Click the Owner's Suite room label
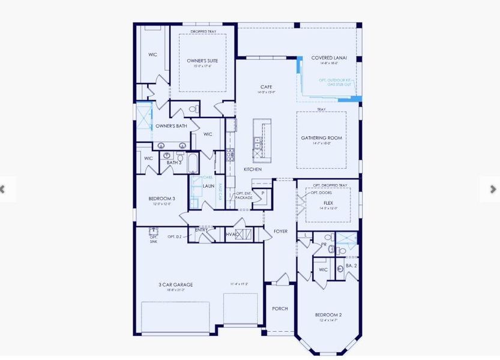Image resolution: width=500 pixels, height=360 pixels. [202, 61]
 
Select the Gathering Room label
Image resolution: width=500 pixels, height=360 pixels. [321, 138]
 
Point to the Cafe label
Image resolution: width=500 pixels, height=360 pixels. [266, 87]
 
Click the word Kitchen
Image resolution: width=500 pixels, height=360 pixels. [252, 169]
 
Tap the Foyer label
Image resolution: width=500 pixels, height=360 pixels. [280, 231]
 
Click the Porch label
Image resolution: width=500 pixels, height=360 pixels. [280, 308]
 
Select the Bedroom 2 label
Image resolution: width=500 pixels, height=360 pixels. [328, 315]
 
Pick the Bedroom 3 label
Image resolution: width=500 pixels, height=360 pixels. [161, 199]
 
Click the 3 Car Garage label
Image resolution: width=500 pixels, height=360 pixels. [175, 284]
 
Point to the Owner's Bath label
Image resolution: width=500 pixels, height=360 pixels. [171, 126]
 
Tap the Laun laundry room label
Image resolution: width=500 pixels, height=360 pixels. [208, 186]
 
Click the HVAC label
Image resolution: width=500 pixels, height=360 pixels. [232, 234]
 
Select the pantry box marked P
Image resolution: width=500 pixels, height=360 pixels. [262, 193]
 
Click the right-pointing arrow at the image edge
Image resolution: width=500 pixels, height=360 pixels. [493, 189]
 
